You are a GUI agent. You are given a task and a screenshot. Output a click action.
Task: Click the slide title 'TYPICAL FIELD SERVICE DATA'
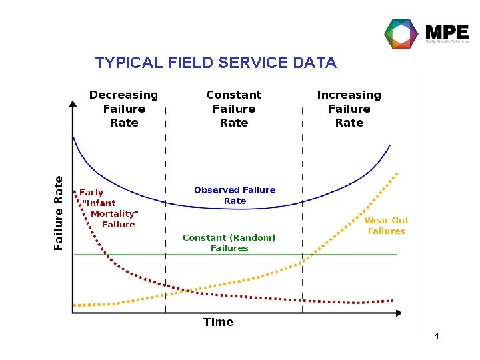[x=215, y=63]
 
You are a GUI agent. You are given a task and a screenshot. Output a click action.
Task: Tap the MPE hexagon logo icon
[x=401, y=33]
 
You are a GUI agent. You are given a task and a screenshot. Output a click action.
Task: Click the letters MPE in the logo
[x=446, y=31]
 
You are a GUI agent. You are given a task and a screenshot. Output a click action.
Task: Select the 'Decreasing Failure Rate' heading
[x=124, y=109]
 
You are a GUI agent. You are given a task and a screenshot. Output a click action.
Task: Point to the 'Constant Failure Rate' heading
[x=234, y=109]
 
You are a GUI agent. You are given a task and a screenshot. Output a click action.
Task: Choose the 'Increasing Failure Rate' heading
[x=349, y=109]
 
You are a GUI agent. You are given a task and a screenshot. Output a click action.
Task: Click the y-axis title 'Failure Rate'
[x=59, y=213]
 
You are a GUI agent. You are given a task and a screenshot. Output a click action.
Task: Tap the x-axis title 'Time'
[x=218, y=322]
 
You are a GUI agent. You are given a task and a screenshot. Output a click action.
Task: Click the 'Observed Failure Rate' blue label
[x=235, y=195]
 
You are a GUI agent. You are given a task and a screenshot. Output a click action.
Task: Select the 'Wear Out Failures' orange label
[x=387, y=225]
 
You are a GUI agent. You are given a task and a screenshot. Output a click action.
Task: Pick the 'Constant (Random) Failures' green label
[x=229, y=243]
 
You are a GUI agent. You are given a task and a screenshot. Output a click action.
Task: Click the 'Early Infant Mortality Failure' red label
[x=109, y=208]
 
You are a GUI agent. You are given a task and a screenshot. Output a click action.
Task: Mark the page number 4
[x=436, y=336]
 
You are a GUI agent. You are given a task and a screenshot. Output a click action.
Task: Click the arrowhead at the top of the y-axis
[x=73, y=103]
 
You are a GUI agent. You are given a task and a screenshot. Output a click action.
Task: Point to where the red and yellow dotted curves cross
[x=187, y=291]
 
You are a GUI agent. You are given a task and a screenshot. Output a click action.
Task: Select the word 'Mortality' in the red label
[x=113, y=213]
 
